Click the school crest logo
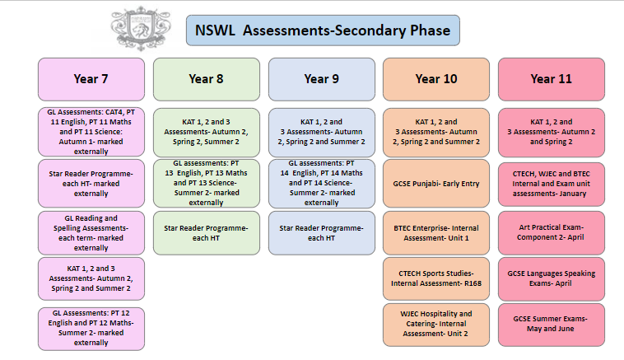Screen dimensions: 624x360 (141, 29)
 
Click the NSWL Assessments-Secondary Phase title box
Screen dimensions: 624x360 (323, 30)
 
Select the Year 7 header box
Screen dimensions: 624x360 (91, 79)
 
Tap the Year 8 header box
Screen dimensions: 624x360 (206, 79)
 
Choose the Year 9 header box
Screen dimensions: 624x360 (322, 79)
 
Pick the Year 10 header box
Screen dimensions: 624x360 (436, 79)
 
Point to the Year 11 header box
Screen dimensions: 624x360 (552, 79)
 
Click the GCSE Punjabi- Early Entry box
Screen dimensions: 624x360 (436, 184)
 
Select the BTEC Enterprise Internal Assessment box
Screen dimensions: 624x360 (436, 233)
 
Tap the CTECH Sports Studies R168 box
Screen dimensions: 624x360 (436, 278)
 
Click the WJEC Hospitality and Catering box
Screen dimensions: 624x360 (436, 325)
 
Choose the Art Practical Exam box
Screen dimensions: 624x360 (552, 233)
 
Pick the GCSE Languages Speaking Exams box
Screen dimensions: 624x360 (552, 278)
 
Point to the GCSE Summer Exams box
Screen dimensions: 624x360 (552, 325)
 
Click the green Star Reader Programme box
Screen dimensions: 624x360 (206, 233)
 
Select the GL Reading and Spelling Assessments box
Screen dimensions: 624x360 (91, 233)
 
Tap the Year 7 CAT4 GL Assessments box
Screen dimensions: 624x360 (91, 132)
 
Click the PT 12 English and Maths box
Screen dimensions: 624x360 (91, 329)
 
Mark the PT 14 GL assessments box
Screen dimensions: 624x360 (322, 184)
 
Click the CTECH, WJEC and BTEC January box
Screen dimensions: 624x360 (552, 184)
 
